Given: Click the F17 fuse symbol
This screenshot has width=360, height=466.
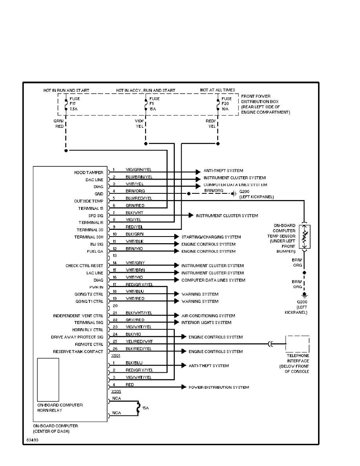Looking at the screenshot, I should pyautogui.click(x=66, y=104).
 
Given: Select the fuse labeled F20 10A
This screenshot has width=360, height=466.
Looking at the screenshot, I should pyautogui.click(x=218, y=104).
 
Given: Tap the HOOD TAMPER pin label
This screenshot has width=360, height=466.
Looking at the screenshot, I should pyautogui.click(x=89, y=173).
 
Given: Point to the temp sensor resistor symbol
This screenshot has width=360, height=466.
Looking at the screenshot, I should pyautogui.click(x=305, y=237).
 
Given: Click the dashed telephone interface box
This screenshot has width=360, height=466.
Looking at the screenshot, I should pyautogui.click(x=297, y=344).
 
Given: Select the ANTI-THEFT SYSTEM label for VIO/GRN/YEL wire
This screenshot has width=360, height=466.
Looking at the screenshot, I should pyautogui.click(x=223, y=171).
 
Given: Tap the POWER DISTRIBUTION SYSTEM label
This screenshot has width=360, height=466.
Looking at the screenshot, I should pyautogui.click(x=218, y=388).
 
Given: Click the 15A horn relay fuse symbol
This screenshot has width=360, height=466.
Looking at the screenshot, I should pyautogui.click(x=138, y=408).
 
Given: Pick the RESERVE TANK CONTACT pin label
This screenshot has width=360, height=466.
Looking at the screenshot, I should pyautogui.click(x=78, y=351).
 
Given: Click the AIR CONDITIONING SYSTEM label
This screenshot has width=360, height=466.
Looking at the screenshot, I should pyautogui.click(x=208, y=316).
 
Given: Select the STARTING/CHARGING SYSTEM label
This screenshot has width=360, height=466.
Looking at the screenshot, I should pyautogui.click(x=211, y=237).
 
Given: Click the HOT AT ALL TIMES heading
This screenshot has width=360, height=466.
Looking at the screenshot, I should pyautogui.click(x=217, y=90).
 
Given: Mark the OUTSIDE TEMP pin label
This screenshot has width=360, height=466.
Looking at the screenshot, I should pyautogui.click(x=88, y=201).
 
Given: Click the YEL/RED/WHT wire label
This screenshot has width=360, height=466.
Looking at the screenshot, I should pyautogui.click(x=139, y=341).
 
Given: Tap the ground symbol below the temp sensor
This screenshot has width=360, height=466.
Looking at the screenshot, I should pyautogui.click(x=305, y=295).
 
